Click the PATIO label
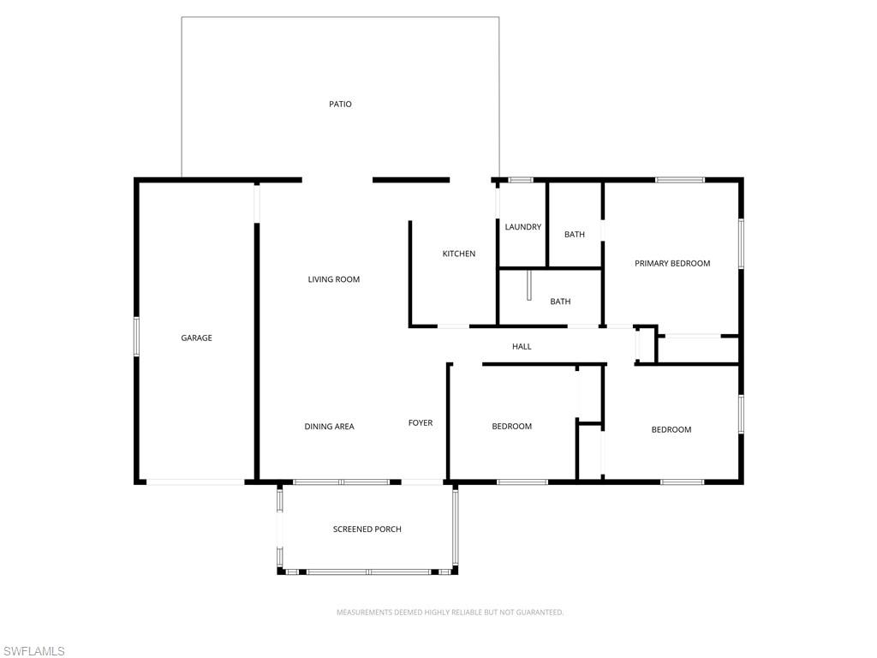pyautogui.click(x=340, y=105)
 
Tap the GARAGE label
pyautogui.click(x=196, y=338)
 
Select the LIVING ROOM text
pyautogui.click(x=334, y=279)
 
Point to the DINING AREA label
pyautogui.click(x=329, y=427)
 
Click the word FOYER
pyautogui.click(x=420, y=423)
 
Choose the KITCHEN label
pyautogui.click(x=458, y=254)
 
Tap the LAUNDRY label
pyautogui.click(x=522, y=227)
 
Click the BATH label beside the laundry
pyautogui.click(x=575, y=235)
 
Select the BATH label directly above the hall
pyautogui.click(x=560, y=302)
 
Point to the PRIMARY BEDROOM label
pyautogui.click(x=672, y=264)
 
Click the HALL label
pyautogui.click(x=522, y=347)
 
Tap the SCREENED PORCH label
pyautogui.click(x=367, y=529)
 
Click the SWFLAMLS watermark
pyautogui.click(x=33, y=651)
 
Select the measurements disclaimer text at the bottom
pyautogui.click(x=450, y=613)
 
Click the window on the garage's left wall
pyautogui.click(x=136, y=336)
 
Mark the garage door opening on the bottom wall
pyautogui.click(x=195, y=482)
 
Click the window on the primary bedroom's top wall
pyautogui.click(x=680, y=180)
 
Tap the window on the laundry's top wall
pyautogui.click(x=521, y=180)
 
